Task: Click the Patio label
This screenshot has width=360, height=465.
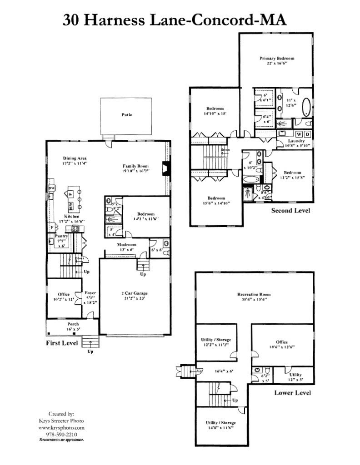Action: pyautogui.click(x=127, y=115)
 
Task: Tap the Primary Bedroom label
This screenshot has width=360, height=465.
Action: pyautogui.click(x=277, y=58)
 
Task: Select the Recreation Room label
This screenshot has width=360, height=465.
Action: pyautogui.click(x=254, y=295)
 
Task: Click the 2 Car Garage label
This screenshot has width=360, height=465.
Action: pyautogui.click(x=134, y=293)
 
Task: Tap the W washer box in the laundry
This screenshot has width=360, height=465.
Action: pyautogui.click(x=299, y=134)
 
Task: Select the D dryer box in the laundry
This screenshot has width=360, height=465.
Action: pyautogui.click(x=307, y=134)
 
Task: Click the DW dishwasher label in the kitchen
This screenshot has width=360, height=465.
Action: pyautogui.click(x=51, y=188)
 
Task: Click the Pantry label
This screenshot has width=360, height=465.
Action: pyautogui.click(x=61, y=236)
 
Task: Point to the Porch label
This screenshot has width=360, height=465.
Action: pyautogui.click(x=73, y=324)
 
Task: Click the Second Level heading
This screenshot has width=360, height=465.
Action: pyautogui.click(x=290, y=211)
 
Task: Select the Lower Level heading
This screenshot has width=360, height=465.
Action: pyautogui.click(x=293, y=392)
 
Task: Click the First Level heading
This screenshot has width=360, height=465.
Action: pyautogui.click(x=62, y=343)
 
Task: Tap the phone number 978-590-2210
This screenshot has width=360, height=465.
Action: pyautogui.click(x=60, y=434)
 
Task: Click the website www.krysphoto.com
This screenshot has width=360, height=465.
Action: pyautogui.click(x=60, y=428)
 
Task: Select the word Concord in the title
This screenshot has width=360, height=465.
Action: pyautogui.click(x=213, y=20)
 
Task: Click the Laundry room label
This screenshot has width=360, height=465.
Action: pyautogui.click(x=295, y=141)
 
